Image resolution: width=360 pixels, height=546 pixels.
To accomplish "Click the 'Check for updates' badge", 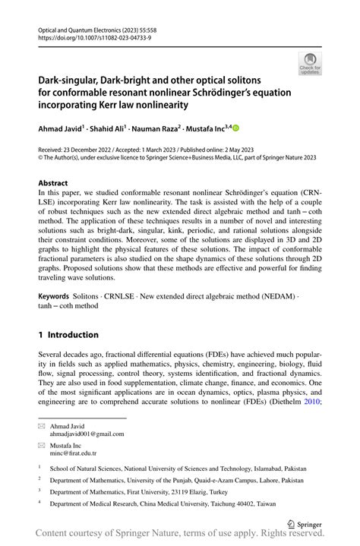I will pyautogui.click(x=310, y=64).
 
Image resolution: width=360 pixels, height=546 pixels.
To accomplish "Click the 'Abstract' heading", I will pyautogui.click(x=54, y=184).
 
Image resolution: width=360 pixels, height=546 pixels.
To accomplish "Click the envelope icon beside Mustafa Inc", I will pyautogui.click(x=42, y=446).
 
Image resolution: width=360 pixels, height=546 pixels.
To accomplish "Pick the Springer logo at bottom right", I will pyautogui.click(x=304, y=523).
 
